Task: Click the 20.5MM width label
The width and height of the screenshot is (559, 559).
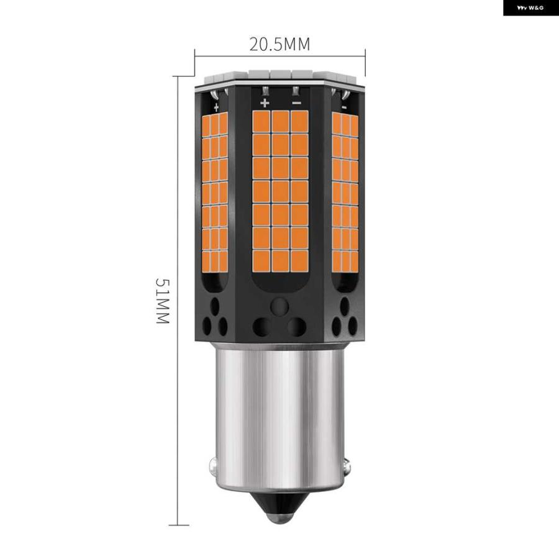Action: (279, 44)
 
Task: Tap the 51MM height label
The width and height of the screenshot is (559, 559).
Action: (162, 301)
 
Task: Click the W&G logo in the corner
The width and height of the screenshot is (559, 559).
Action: (530, 8)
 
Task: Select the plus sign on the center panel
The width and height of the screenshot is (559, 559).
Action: (265, 102)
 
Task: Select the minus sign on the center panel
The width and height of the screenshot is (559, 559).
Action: (296, 102)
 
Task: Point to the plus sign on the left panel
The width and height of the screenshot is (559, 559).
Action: (216, 107)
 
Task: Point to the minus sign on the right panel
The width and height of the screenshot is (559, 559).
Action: (343, 107)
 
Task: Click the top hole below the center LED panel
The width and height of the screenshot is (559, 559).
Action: (280, 305)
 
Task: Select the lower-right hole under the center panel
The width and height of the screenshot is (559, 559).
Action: (298, 326)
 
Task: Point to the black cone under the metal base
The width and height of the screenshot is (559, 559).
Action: (280, 506)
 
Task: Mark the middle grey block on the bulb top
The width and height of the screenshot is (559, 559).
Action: (280, 75)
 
